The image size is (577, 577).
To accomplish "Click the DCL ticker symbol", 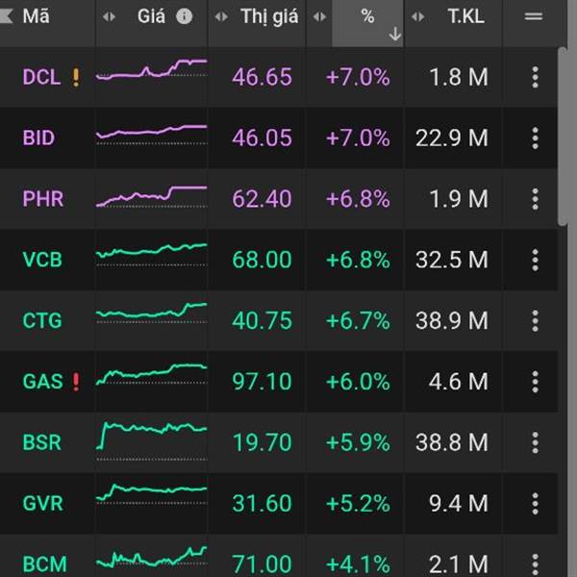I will (x=41, y=77).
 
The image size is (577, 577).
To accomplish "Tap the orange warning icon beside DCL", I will (x=76, y=77).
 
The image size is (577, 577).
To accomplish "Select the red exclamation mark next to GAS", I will (x=76, y=382).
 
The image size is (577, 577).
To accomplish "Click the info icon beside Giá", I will (x=184, y=16).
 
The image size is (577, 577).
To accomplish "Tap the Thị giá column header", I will (x=268, y=16).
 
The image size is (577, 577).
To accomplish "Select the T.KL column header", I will (x=466, y=16).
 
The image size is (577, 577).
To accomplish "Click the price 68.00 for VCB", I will (x=262, y=260).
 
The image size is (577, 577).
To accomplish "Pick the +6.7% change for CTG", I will (x=358, y=320).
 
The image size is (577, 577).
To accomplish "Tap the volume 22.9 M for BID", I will (x=451, y=138).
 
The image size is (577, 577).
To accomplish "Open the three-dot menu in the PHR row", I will (x=536, y=199).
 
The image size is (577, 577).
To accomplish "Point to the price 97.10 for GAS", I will (x=262, y=382).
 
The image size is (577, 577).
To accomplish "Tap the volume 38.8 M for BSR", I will (x=451, y=442).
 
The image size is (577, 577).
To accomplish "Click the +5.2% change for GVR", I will (x=358, y=503).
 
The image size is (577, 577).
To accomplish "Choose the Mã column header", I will (x=37, y=16).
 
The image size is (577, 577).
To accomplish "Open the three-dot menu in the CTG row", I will (x=536, y=320).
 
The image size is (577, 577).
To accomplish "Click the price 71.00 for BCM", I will (x=262, y=564).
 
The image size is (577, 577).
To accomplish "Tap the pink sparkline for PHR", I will (x=151, y=195).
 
